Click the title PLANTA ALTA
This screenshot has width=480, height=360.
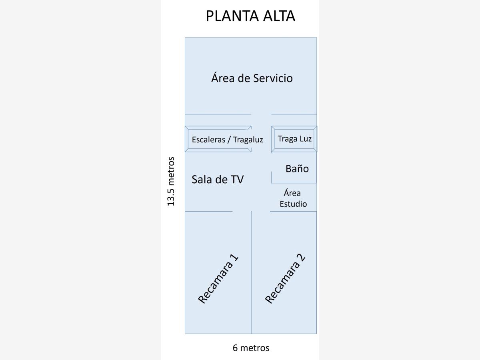point(250,16)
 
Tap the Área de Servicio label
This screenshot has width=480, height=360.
point(252,78)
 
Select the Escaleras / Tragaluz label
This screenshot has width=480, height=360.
point(227,140)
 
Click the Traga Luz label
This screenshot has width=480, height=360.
point(294,139)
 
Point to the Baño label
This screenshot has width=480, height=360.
point(297,168)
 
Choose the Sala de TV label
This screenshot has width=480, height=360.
point(217,179)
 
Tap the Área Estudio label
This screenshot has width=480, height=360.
point(293,198)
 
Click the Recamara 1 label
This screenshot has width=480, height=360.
point(218,278)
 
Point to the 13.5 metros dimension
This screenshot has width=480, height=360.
point(171,181)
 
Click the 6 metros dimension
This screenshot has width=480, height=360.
point(251,348)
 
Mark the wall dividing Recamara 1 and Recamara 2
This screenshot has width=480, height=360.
point(251,272)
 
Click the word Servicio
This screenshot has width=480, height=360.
point(272,78)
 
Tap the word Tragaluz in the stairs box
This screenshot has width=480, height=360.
point(248,140)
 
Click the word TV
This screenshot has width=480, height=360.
point(236,179)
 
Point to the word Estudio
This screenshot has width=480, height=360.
point(293,204)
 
